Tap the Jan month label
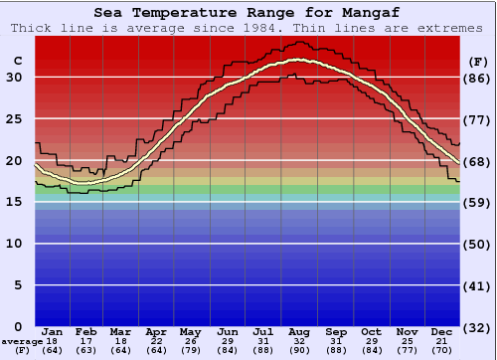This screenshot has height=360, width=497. click(x=53, y=331)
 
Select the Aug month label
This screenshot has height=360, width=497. click(x=299, y=331)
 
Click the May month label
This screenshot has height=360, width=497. click(x=190, y=331)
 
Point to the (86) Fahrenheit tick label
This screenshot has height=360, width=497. click(x=478, y=78)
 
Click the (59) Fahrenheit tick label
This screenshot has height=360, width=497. click(x=478, y=203)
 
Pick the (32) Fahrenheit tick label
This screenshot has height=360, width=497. click(x=478, y=327)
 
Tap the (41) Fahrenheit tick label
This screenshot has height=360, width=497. click(x=478, y=285)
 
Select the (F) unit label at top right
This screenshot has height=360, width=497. click(x=478, y=61)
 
